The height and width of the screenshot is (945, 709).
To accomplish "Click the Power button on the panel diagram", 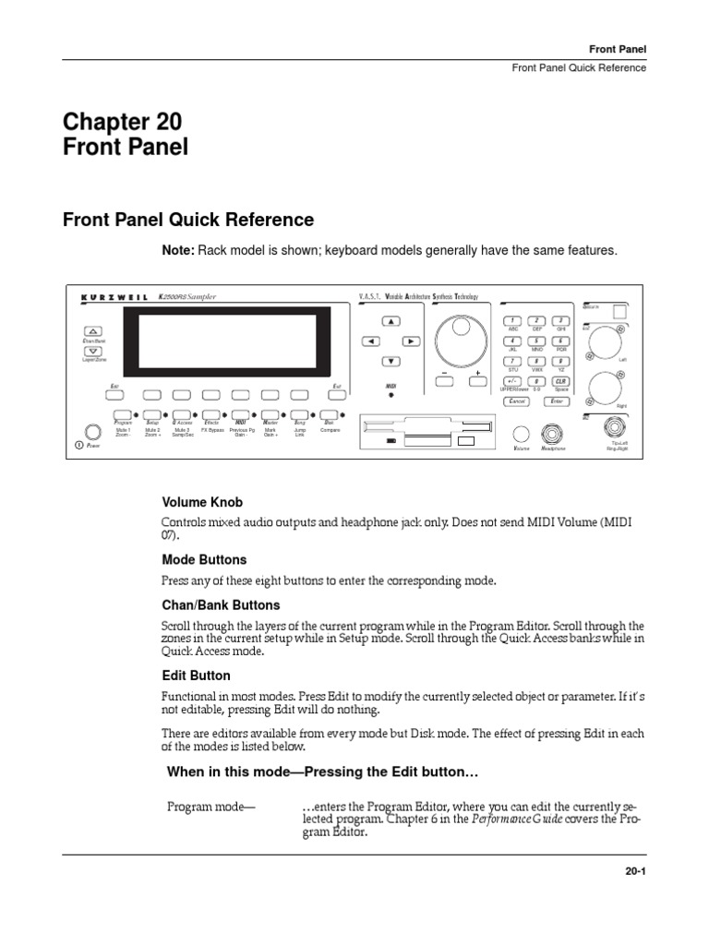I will [x=92, y=431].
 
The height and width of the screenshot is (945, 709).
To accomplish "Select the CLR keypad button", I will [x=559, y=381].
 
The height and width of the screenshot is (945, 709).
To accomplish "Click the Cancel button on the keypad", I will [x=517, y=401].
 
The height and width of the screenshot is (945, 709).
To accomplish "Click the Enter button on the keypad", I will [x=557, y=401].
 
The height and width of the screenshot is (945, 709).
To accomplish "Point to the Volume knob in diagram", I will [x=523, y=434].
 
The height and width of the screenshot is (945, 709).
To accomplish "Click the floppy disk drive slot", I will [x=430, y=427].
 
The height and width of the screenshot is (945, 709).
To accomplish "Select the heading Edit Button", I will [x=196, y=676].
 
